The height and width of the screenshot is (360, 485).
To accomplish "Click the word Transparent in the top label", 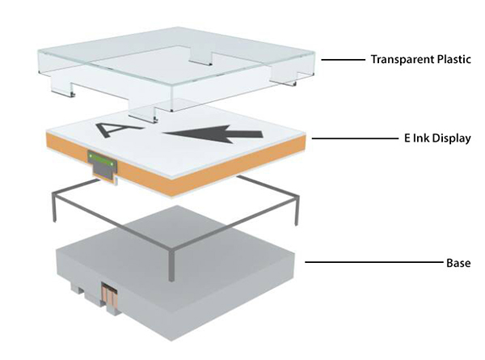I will pos(399,59).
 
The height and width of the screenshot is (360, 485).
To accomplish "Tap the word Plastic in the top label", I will pos(449,59).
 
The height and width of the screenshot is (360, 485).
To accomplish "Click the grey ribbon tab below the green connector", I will pos(103,169).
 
